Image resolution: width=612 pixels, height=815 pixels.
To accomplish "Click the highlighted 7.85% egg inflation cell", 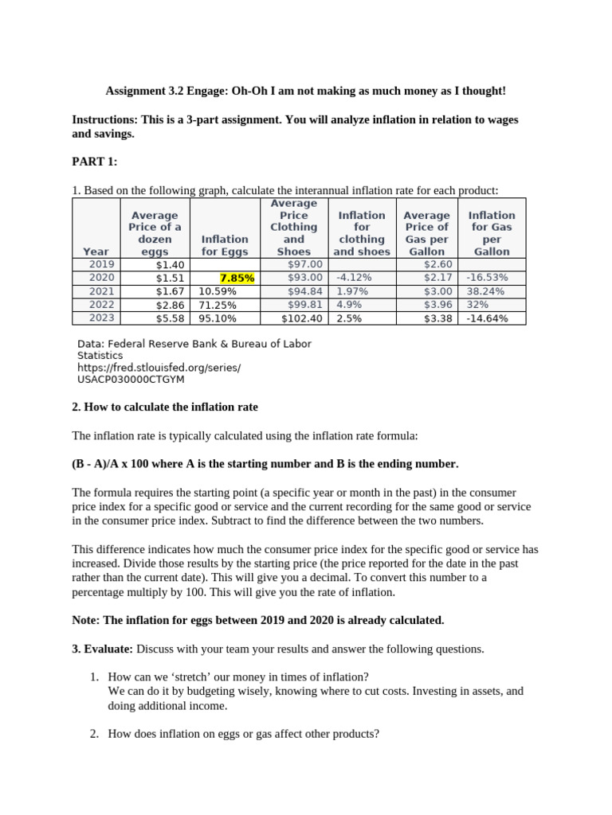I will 237,278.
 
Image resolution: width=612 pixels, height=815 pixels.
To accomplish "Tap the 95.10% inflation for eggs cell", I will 218,318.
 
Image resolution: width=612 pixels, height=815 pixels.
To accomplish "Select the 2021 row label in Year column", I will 101,291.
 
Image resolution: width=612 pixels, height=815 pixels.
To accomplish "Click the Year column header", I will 96,252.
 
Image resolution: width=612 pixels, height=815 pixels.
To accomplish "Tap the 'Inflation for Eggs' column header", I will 225,245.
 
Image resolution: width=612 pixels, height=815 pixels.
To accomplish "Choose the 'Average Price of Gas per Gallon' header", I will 426,233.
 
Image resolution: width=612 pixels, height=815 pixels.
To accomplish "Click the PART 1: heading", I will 94,162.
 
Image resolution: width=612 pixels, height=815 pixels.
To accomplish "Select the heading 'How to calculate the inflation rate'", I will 165,407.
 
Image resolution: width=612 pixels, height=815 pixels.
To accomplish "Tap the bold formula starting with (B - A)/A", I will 265,464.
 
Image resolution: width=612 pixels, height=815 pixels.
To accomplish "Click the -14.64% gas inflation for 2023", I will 488,318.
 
